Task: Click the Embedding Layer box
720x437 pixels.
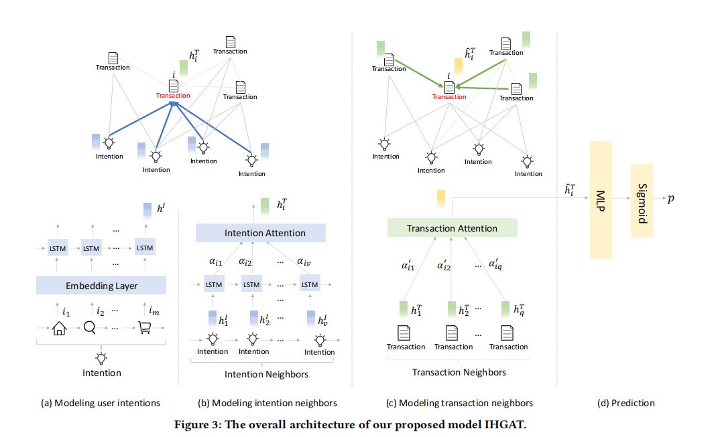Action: pos(101,286)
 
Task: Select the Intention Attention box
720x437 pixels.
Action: pos(260,233)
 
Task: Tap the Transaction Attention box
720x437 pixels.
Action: pos(452,228)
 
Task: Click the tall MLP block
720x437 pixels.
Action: pos(601,200)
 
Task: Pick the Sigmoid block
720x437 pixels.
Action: pos(642,199)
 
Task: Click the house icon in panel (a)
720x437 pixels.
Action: pos(59,329)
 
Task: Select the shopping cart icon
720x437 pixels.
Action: pos(145,328)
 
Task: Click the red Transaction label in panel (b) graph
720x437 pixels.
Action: pos(173,96)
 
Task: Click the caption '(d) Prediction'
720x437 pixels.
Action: pos(625,403)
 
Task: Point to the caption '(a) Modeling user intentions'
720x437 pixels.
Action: pos(101,403)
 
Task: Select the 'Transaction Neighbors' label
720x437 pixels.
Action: pos(459,372)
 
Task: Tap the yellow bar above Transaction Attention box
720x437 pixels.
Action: pos(440,197)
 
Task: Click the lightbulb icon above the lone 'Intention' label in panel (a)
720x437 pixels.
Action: pos(101,357)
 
